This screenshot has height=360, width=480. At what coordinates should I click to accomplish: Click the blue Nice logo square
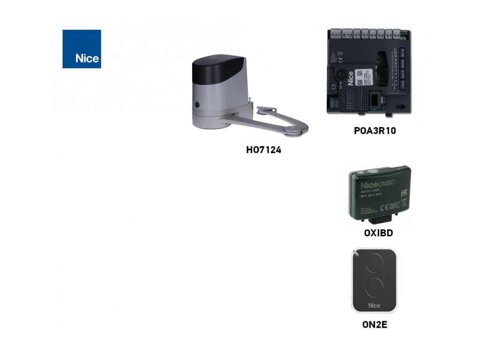coord(82,49)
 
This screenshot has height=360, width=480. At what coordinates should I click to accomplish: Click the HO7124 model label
coord(263,150)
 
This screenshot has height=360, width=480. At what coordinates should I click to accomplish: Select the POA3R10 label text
coord(375,131)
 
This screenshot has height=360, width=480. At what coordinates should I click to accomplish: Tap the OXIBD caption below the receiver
coord(378,233)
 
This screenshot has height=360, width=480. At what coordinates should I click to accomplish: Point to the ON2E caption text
coord(375,324)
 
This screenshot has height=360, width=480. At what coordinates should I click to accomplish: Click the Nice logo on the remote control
coord(374,306)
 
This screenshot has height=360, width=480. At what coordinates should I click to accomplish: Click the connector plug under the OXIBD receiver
coord(381,219)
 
